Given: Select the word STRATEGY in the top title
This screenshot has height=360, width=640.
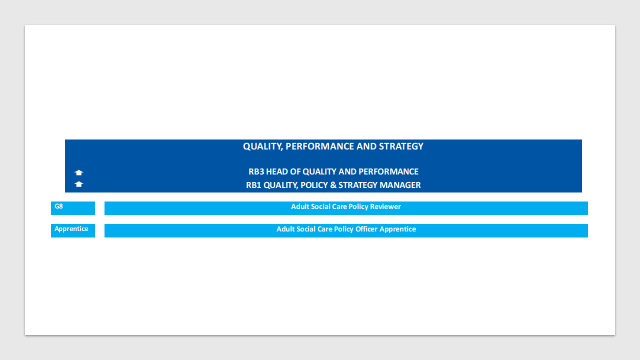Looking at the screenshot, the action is pyautogui.click(x=401, y=146).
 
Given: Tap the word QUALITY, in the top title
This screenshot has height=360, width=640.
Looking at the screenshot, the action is pyautogui.click(x=263, y=146).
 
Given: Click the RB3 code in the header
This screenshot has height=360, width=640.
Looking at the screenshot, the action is pyautogui.click(x=256, y=171).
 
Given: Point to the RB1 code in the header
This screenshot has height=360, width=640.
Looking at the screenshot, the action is pyautogui.click(x=253, y=185).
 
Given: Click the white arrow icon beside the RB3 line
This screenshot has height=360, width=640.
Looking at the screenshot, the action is pyautogui.click(x=79, y=172).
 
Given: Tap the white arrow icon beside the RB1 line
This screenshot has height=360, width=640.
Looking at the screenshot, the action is pyautogui.click(x=79, y=184).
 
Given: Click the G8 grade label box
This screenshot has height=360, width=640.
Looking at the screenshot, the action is pyautogui.click(x=73, y=208).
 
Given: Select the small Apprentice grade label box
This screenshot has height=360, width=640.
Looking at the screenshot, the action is pyautogui.click(x=73, y=230).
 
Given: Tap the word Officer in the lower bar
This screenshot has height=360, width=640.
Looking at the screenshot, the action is pyautogui.click(x=366, y=229).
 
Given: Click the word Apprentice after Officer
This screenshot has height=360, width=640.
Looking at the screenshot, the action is pyautogui.click(x=397, y=229).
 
